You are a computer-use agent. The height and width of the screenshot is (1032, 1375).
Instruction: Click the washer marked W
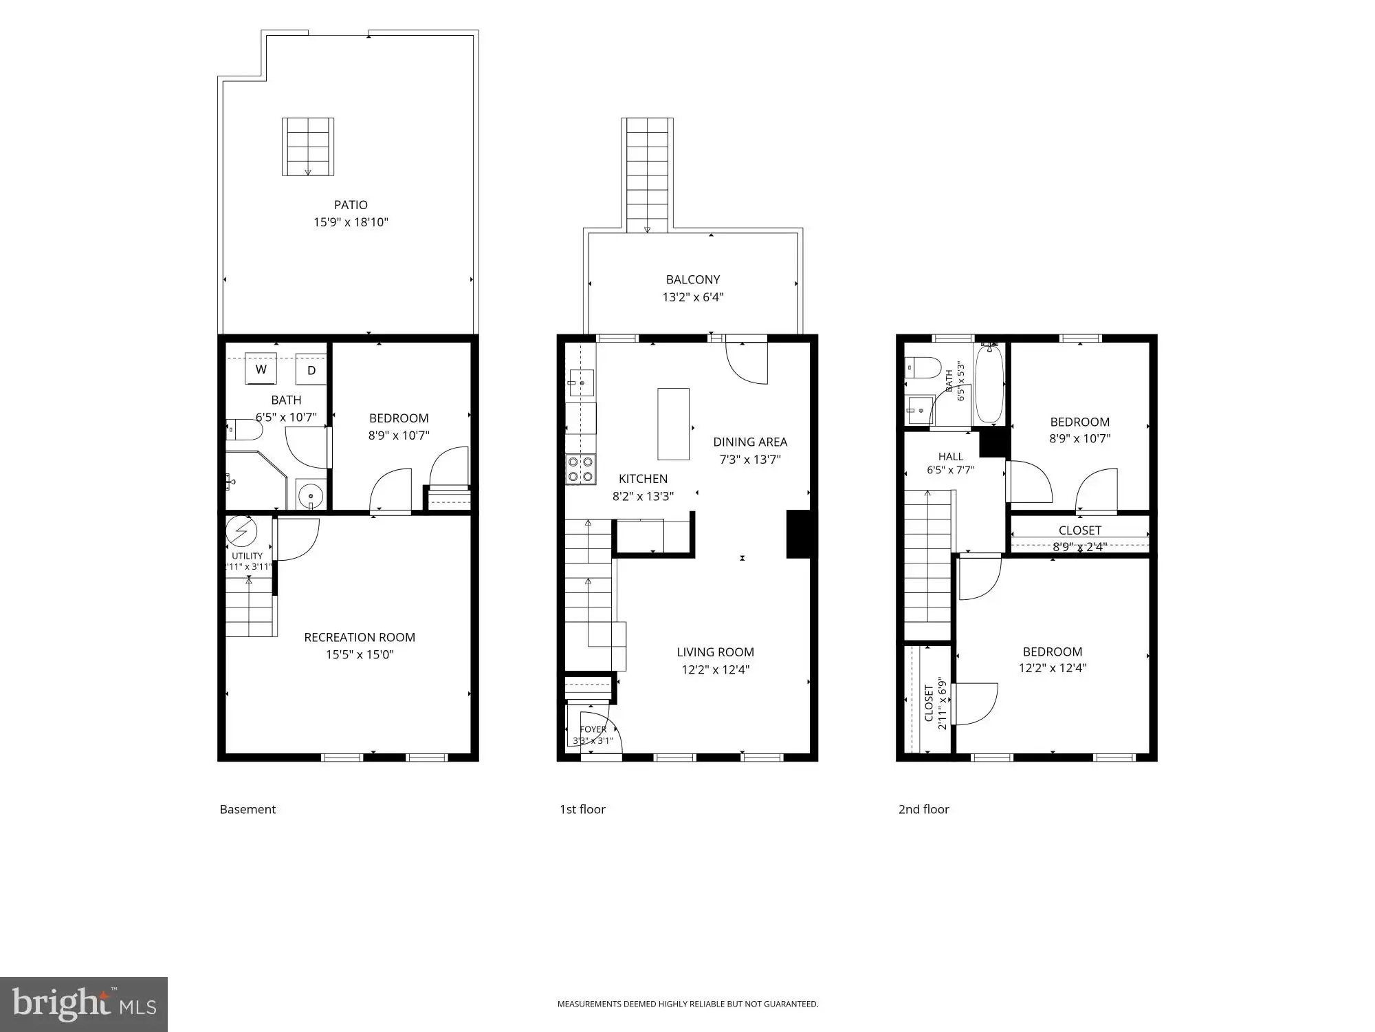coord(261,369)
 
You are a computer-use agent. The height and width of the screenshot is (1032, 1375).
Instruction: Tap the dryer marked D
coord(311,369)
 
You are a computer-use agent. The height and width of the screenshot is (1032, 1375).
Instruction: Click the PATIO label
coord(351,205)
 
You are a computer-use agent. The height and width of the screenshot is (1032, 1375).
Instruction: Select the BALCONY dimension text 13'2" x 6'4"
coord(693,297)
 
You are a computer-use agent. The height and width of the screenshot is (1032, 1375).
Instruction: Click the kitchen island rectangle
coord(673,424)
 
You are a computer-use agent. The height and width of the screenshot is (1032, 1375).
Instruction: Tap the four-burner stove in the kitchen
coord(581,469)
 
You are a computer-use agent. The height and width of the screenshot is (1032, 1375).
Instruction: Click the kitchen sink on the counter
coord(581,382)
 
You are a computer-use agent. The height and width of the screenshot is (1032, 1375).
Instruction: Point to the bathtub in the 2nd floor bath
coord(989,384)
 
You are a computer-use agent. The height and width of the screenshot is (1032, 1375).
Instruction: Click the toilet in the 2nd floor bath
coord(922,368)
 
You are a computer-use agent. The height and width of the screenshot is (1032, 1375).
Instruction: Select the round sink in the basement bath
coord(311,495)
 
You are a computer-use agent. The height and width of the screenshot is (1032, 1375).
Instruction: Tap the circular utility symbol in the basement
coord(242,531)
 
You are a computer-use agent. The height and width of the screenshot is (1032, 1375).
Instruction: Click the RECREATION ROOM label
coord(360,638)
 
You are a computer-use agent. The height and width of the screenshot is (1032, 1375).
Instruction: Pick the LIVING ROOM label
coord(715,652)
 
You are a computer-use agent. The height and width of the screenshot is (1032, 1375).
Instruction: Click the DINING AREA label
coord(750,442)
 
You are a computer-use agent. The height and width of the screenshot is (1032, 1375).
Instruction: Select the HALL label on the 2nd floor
coord(951,457)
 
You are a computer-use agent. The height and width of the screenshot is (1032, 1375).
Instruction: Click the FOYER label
coord(593,729)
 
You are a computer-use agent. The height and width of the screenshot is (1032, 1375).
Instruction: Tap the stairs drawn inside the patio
coord(308,147)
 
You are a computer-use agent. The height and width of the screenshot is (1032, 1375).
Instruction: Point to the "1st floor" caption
coord(582,810)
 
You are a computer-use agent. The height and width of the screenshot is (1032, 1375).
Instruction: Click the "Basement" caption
coord(247,810)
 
